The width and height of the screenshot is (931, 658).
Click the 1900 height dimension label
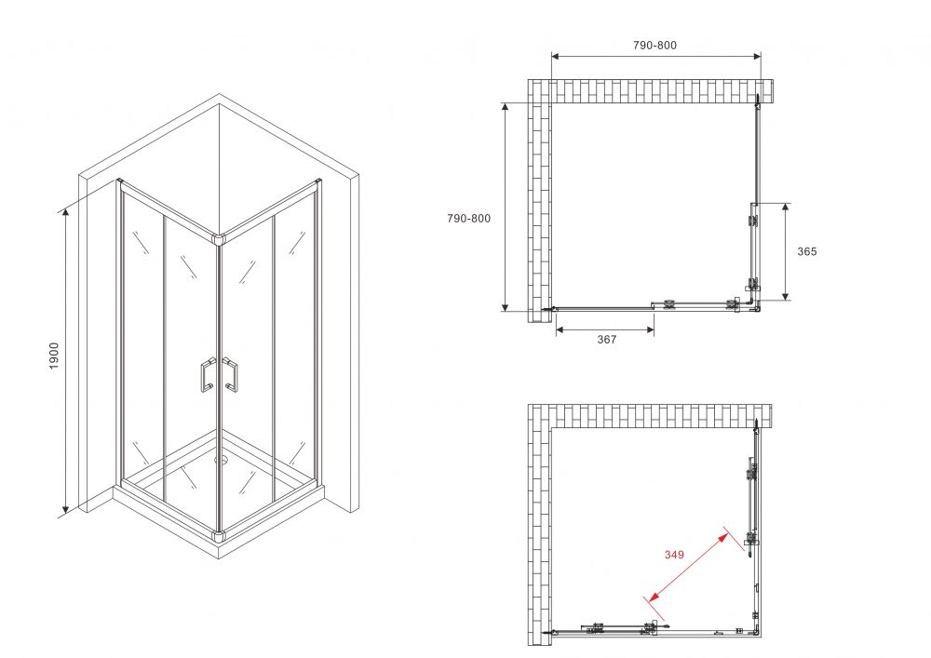coord(54,356)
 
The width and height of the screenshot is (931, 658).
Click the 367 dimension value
coord(606,340)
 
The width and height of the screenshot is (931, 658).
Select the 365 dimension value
coord(807,251)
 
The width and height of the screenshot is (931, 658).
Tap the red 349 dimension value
coord(674,555)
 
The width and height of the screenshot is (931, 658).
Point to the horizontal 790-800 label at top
coord(654,45)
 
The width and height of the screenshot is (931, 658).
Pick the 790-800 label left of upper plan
coord(468,219)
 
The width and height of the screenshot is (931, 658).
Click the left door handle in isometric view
coord(208,375)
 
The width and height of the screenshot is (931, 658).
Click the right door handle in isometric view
coord(230,375)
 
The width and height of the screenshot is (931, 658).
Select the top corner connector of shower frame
coord(220,239)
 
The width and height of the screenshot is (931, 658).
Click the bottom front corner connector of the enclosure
coord(220,536)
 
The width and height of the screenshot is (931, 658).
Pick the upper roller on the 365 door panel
coord(753,221)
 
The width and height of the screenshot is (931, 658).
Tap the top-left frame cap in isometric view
coord(119,181)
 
